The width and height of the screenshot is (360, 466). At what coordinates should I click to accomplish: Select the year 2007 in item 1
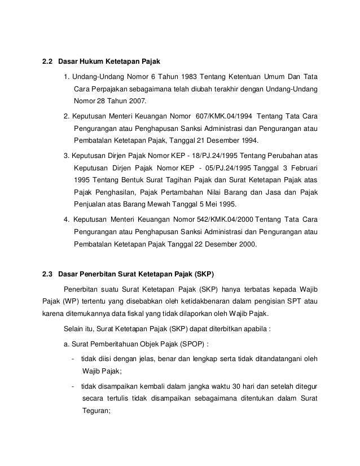[134, 102]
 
